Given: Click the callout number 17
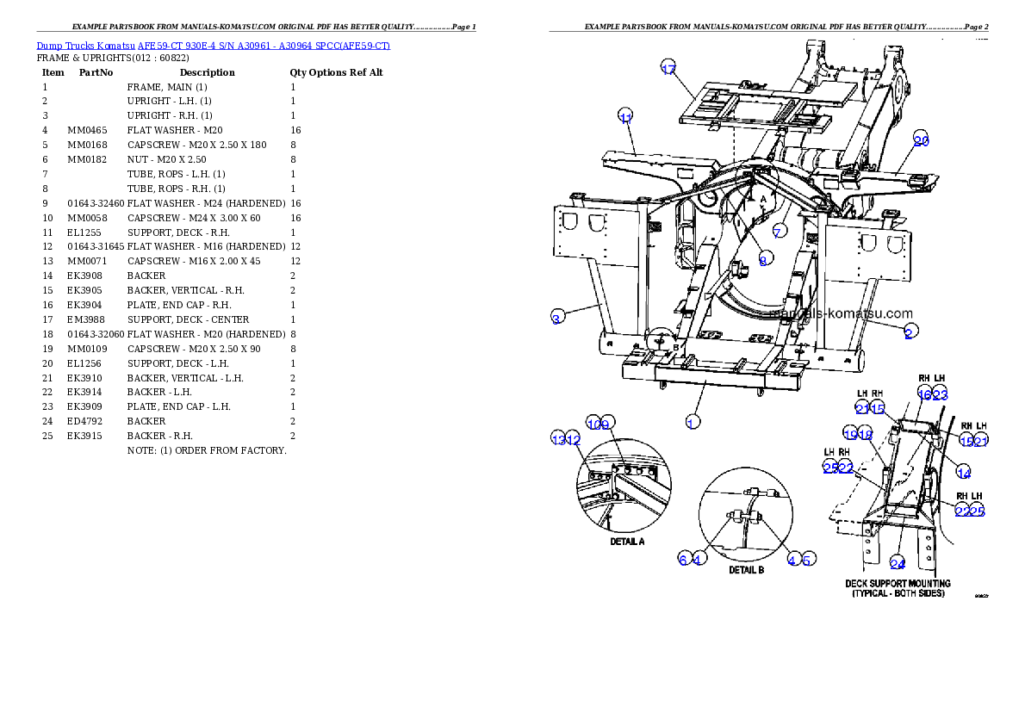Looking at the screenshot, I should [x=668, y=70].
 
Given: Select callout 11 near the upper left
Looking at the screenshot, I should [x=626, y=117].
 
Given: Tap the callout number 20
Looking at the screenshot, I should [x=921, y=141].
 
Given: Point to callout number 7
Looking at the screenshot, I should [x=778, y=232].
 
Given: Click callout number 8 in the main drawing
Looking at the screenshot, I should [x=763, y=260].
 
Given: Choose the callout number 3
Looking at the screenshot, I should [x=557, y=318].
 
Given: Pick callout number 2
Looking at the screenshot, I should [x=909, y=332].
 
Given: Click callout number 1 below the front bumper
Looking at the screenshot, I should [x=691, y=422].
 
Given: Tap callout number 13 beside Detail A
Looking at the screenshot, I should [x=558, y=440].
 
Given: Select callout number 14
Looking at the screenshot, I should [x=964, y=474].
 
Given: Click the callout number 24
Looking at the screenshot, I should [x=898, y=564].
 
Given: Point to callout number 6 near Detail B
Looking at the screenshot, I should [x=683, y=560].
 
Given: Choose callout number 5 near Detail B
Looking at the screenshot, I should [x=807, y=560].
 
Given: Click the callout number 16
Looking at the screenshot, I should [x=924, y=394].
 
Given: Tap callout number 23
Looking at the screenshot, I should [x=940, y=394].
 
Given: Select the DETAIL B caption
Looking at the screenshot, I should [x=746, y=570].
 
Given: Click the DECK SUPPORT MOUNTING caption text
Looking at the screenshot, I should [x=898, y=584].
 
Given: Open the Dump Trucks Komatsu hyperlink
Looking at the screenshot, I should [x=213, y=45].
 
